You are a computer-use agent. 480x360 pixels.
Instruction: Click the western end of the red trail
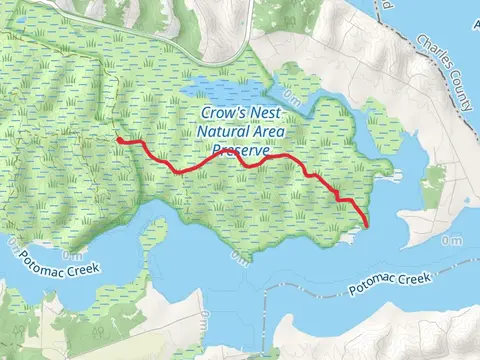(118, 141)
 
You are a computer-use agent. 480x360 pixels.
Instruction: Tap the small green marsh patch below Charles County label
(433, 185)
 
